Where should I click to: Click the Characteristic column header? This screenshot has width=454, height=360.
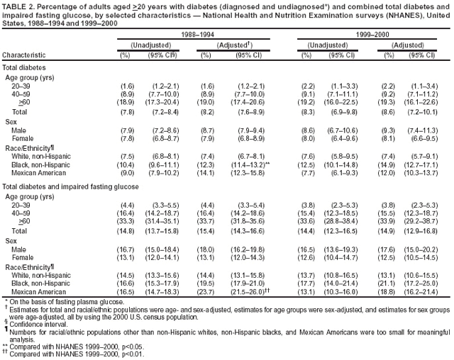coord(26,54)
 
